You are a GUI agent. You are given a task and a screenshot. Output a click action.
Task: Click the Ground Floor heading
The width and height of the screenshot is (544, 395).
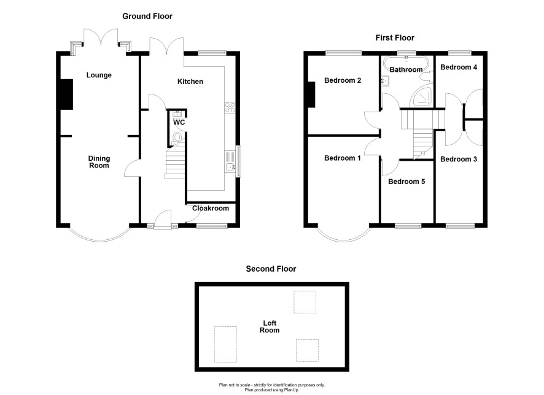pos(147,17)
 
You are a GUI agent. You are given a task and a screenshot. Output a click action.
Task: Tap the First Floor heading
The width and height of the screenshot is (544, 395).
pos(395,38)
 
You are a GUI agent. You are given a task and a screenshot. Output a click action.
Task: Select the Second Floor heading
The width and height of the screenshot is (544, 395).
pos(271,269)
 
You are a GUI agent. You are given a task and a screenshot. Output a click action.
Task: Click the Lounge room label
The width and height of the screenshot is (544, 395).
pos(99,75)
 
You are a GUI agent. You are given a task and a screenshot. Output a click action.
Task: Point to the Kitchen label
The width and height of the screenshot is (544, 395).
pos(190,82)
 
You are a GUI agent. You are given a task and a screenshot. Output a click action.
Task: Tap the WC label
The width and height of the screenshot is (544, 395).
pos(179,122)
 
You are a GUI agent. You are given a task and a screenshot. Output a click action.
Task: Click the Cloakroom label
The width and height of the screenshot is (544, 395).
pos(211,209)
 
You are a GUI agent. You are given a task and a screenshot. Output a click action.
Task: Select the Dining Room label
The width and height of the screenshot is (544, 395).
pos(99,162)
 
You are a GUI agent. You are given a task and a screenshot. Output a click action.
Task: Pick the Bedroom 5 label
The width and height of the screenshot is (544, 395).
pos(406,182)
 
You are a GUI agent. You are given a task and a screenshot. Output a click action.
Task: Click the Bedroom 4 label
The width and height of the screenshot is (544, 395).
pos(459,67)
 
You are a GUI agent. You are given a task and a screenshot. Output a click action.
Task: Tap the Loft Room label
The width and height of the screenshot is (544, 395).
pos(270,327)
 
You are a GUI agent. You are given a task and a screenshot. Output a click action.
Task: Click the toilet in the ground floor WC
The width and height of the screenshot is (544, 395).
pos(177,137)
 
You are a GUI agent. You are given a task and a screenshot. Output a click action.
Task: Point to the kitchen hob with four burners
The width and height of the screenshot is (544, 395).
pos(230,107)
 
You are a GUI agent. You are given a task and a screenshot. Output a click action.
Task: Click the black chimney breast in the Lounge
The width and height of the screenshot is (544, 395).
pos(66,94)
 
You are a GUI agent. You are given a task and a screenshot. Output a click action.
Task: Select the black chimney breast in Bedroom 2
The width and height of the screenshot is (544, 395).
pos(311,94)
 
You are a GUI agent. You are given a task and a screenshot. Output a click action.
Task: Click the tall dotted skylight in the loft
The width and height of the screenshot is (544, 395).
pos(225,344)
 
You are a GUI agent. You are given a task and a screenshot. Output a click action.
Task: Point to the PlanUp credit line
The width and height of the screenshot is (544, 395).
pos(271,390)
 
